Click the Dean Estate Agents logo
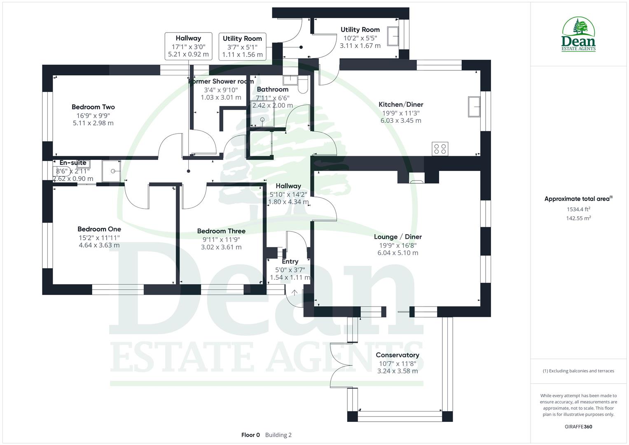click(578, 35)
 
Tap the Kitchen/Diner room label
click(400, 105)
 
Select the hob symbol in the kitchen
click(440, 149)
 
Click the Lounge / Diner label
click(398, 237)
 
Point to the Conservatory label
click(397, 355)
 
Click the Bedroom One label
click(99, 230)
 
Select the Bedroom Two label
click(93, 107)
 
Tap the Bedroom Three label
click(221, 232)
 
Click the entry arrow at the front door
click(295, 293)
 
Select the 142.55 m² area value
click(578, 218)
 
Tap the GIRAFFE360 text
click(578, 426)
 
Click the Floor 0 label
click(250, 435)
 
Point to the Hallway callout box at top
click(188, 46)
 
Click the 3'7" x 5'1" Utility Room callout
click(242, 47)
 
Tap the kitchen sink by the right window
click(474, 107)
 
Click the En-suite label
click(73, 163)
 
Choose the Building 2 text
click(278, 435)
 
